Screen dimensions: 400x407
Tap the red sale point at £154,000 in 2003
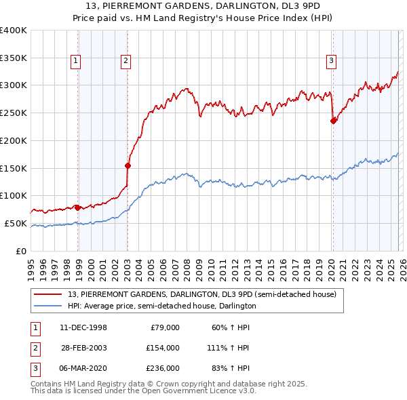(x=128, y=165)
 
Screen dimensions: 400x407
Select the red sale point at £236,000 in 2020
(x=333, y=121)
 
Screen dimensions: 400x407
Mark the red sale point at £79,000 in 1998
(x=77, y=207)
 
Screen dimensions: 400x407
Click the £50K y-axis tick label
(x=15, y=223)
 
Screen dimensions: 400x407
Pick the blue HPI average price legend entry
(x=161, y=306)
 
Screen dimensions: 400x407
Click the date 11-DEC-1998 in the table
(x=83, y=327)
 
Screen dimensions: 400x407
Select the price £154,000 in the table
(x=163, y=347)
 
